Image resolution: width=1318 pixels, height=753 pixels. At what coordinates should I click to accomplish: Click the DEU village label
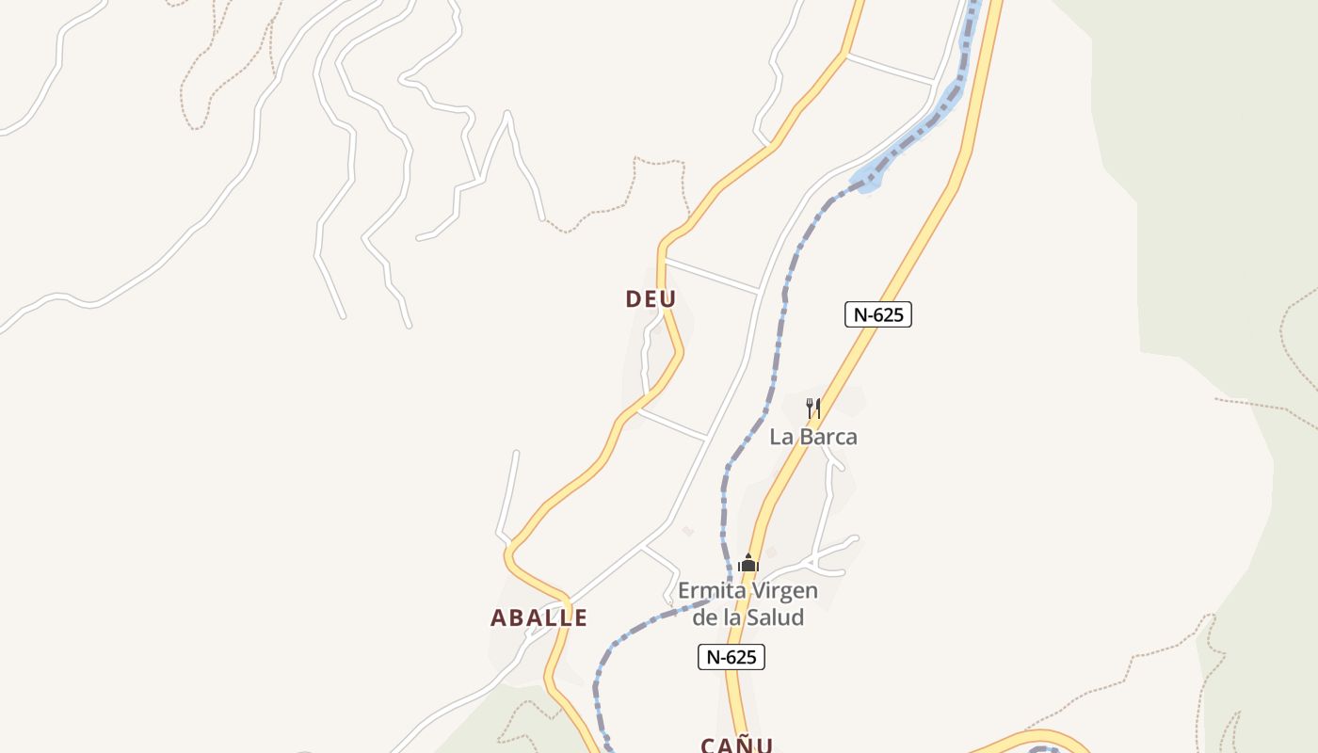tap(651, 299)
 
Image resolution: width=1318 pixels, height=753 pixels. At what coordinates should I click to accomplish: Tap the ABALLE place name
tap(538, 618)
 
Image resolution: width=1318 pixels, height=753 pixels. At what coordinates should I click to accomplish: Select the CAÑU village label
tap(736, 745)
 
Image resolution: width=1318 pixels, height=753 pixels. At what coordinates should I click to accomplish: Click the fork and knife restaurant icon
tap(813, 409)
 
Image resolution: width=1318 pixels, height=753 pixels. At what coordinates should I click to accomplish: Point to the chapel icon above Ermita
tap(748, 564)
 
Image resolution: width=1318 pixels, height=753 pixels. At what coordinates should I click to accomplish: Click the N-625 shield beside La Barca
tap(877, 314)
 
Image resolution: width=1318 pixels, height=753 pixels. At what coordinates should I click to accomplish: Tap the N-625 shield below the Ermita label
tap(731, 657)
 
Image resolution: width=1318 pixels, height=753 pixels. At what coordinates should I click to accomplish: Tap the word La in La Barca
tap(780, 437)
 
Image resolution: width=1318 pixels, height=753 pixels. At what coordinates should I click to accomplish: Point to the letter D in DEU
tap(634, 299)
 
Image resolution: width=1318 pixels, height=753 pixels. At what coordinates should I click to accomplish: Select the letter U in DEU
tap(667, 299)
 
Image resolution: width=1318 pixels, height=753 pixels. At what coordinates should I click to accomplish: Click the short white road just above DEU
tap(711, 275)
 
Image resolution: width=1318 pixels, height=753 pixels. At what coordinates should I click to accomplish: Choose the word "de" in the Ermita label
tap(704, 617)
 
